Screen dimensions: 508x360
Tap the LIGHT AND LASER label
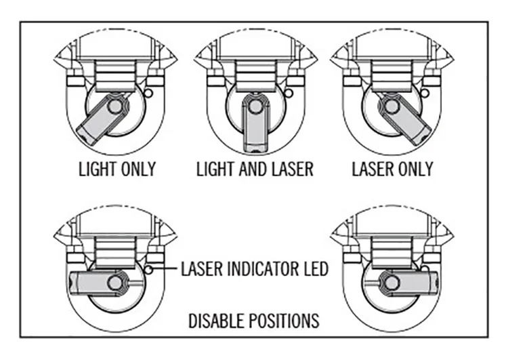(255, 168)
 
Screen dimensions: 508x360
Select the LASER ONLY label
(393, 168)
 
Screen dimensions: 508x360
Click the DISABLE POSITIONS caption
(254, 318)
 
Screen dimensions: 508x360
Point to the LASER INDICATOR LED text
(255, 268)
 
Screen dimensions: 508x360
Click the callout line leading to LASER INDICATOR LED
(165, 269)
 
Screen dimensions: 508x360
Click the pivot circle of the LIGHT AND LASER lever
(254, 105)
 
